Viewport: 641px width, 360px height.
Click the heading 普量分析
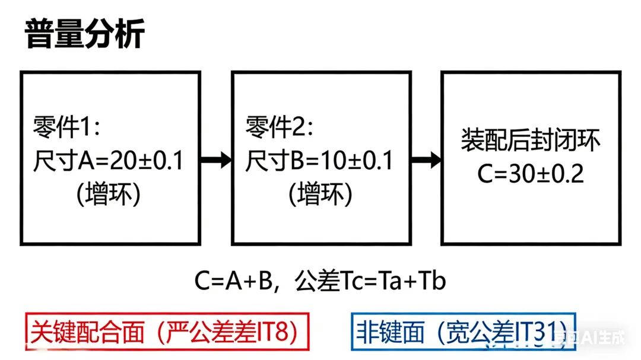coord(85,33)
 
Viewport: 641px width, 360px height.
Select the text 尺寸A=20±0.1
coord(109,161)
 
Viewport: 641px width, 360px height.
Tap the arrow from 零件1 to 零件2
coord(215,159)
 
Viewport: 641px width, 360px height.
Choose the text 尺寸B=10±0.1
coord(320,161)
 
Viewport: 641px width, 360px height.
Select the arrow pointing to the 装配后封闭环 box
coord(426,159)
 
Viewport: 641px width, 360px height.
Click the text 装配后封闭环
coord(531,141)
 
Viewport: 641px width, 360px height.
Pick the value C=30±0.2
coord(531,174)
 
